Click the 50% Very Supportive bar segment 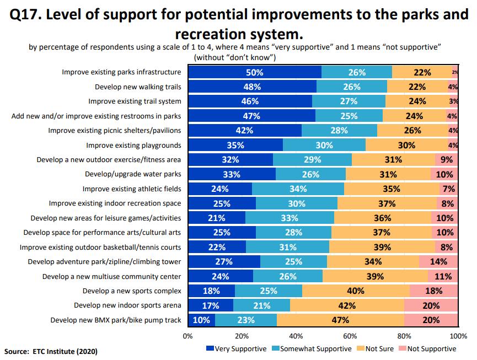coord(255,72)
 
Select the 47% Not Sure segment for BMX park coord(340,320)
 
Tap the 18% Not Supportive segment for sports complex coord(433,291)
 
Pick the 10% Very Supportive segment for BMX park coord(202,320)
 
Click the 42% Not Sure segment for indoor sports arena coord(347,305)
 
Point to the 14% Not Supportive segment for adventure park coord(438,261)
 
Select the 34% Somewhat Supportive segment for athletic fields coord(298,189)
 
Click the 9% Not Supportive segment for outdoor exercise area coord(446,159)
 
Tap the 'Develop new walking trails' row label coord(138,87)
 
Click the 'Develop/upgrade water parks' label coord(133,174)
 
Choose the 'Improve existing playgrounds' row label coord(133,145)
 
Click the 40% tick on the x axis coord(296,335)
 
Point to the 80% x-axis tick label coord(404,335)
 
